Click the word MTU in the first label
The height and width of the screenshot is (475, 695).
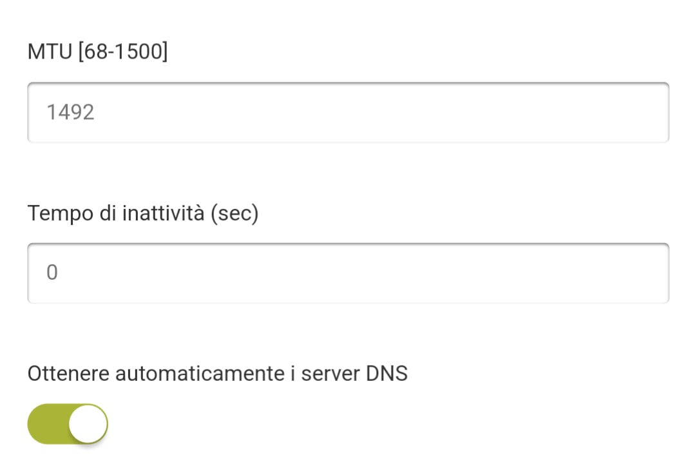coord(50,52)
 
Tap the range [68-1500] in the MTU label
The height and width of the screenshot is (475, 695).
coord(123,52)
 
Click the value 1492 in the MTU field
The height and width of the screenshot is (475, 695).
coord(70,112)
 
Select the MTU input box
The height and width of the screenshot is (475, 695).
coord(348,113)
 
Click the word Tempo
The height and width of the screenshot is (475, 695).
coord(61,214)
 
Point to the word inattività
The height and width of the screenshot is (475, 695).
coord(163,213)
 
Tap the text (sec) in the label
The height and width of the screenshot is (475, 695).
coord(234,213)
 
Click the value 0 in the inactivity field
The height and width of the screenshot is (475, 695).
coord(52,273)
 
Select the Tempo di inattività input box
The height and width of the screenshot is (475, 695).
coord(348,273)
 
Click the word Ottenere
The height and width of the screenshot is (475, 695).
coord(68,373)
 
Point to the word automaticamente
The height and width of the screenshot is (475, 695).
coord(200,373)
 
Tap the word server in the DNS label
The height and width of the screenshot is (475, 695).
coord(330,374)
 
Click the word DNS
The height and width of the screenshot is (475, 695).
coord(386,373)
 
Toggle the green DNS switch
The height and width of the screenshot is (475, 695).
coord(68,423)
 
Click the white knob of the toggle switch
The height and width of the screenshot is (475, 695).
coord(88,423)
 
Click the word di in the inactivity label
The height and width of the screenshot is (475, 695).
coord(108,213)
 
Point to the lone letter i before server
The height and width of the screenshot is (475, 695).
coord(293,373)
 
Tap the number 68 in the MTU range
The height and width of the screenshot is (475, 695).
coord(95,52)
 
